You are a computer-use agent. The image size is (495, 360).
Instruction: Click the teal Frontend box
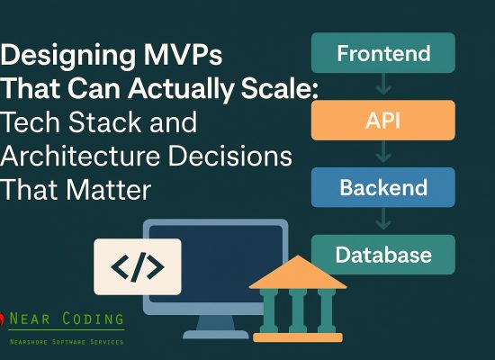pos(383,54)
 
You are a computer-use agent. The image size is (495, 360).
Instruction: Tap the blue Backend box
pos(383,188)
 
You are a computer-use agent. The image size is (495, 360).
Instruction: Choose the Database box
pos(383,255)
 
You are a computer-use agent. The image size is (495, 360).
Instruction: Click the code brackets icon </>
pos(137,266)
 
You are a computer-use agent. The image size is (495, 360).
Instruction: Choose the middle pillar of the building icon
pos(297,310)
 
